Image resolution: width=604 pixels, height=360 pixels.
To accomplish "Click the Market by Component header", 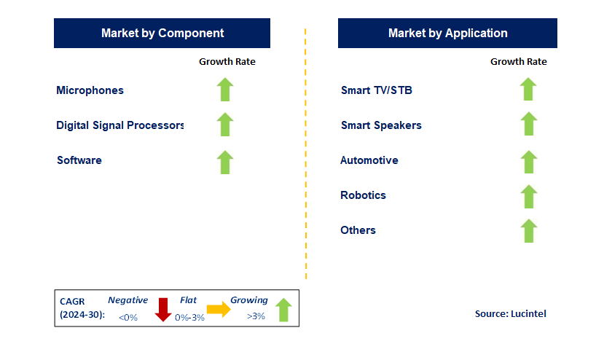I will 162,34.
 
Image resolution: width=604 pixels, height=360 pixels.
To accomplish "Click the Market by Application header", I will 447,34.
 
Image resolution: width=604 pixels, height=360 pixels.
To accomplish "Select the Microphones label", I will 90,90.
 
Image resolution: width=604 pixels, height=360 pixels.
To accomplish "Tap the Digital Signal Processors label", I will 120,125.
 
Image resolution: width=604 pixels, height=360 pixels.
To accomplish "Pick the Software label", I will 79,160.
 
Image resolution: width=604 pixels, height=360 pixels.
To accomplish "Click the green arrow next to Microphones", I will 225,90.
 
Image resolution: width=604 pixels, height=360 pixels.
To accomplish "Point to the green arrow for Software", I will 225,162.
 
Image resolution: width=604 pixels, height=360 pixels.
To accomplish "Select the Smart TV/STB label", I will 377,90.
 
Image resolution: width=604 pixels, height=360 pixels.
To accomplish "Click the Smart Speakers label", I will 381,125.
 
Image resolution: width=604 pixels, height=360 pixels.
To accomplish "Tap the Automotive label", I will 369,160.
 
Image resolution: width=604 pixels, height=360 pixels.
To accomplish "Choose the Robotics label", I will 363,195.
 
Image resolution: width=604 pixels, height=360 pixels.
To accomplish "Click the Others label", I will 358,230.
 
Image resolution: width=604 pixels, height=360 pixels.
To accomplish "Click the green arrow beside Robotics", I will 528,196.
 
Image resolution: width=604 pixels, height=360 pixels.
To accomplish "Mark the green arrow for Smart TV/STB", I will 528,90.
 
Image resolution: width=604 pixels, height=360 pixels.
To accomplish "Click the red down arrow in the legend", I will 162,310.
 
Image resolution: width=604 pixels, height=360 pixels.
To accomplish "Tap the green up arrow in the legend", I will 283,310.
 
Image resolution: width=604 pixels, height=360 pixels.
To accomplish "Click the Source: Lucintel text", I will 510,313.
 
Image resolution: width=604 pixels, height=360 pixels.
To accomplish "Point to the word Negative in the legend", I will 128,300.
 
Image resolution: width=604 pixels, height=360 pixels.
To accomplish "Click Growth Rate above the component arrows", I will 227,62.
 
